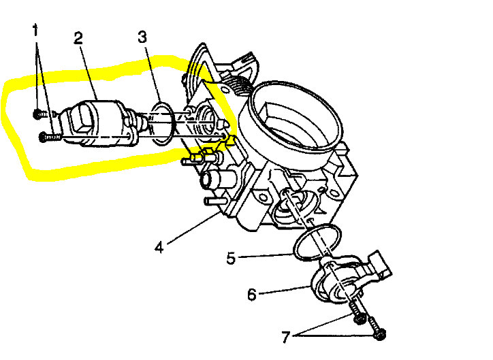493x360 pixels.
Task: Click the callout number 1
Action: pyautogui.click(x=35, y=31)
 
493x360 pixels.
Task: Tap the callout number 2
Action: pyautogui.click(x=78, y=37)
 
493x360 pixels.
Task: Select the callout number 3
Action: pyautogui.click(x=142, y=37)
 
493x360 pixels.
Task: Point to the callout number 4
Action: pyautogui.click(x=159, y=247)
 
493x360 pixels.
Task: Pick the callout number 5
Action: pyautogui.click(x=231, y=259)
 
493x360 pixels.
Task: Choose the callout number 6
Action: pyautogui.click(x=251, y=295)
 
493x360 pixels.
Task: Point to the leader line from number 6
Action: pyautogui.click(x=286, y=290)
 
